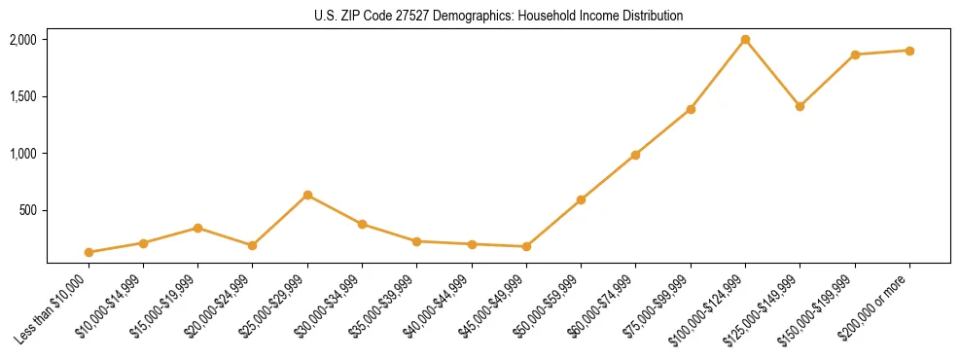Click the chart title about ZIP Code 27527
[x=499, y=16]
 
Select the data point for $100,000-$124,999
[x=745, y=40]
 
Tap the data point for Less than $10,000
[x=89, y=252]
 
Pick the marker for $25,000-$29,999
[x=307, y=196]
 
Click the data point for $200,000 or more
[x=909, y=51]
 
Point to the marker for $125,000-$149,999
[x=800, y=106]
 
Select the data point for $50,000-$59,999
[x=581, y=200]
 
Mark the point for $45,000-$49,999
[x=526, y=247]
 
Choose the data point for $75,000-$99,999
[x=691, y=109]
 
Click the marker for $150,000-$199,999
[x=855, y=54]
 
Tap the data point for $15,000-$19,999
[x=197, y=228]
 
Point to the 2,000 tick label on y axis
[x=22, y=40]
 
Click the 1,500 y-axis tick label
[x=22, y=96]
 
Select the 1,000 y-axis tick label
[x=22, y=154]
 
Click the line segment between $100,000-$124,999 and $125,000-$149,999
[x=772, y=73]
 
